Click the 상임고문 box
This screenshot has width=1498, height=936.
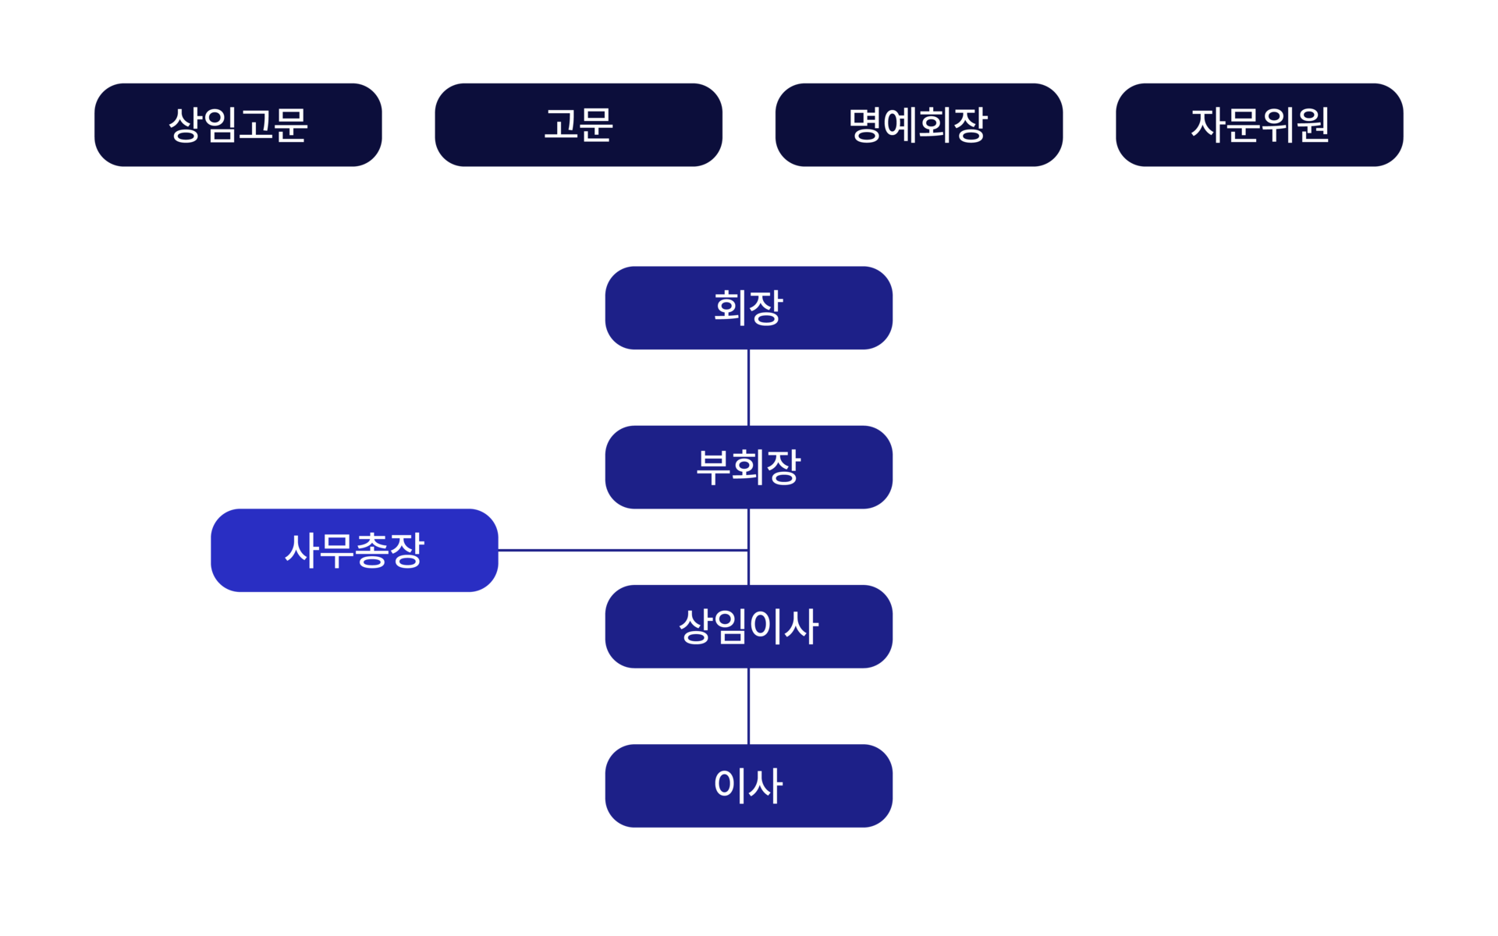(238, 125)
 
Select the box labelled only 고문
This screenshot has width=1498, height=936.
(578, 125)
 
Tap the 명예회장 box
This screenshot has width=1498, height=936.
(918, 125)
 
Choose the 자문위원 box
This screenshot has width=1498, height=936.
(1259, 125)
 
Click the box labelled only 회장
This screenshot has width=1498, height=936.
(748, 308)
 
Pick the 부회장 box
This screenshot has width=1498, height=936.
(748, 467)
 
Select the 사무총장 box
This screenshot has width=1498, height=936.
(354, 550)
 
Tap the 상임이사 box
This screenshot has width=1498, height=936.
(748, 626)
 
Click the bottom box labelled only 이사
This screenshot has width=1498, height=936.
(748, 785)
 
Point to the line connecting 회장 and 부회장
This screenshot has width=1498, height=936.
(748, 388)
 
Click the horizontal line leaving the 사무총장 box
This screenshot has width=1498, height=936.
(623, 550)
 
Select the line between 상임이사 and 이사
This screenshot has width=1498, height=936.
(748, 706)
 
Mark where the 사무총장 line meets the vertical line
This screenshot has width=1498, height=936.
(748, 550)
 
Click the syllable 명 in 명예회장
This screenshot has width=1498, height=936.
(866, 125)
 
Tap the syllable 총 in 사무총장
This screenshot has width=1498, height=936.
(372, 550)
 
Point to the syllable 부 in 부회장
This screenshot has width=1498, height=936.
(713, 467)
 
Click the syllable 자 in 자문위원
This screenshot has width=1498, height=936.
(1207, 125)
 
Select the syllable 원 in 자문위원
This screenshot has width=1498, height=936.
(1312, 125)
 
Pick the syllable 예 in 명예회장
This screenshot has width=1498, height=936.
(901, 125)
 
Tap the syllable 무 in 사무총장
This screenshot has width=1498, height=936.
(337, 550)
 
